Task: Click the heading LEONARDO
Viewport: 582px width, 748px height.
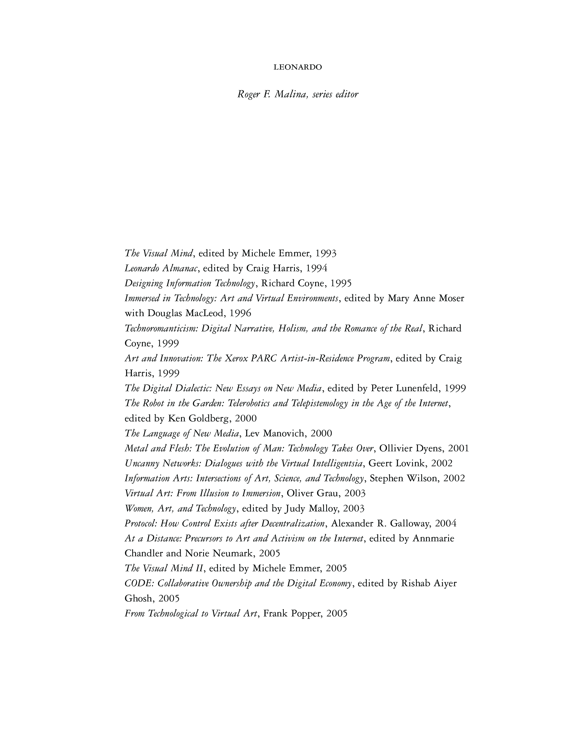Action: coord(298,67)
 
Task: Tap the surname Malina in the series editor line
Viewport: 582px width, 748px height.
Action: coord(290,94)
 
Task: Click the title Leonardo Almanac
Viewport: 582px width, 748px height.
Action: coord(161,268)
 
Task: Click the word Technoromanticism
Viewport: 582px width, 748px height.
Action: coord(161,329)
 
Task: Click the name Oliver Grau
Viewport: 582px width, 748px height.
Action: coord(312,493)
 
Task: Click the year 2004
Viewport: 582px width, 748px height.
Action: coord(446,524)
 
